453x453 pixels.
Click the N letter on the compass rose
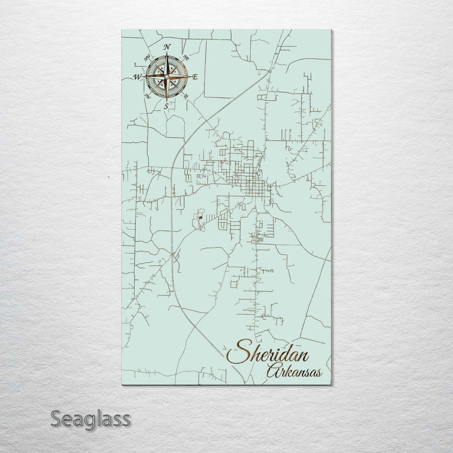[x=166, y=47]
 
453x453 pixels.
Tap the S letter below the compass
[x=166, y=106]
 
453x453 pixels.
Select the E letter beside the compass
[x=195, y=76]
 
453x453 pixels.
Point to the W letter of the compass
[x=137, y=76]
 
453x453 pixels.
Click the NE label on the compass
[x=187, y=57]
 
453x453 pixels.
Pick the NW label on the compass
[x=147, y=57]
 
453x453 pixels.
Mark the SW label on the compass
[x=148, y=96]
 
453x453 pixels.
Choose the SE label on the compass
[x=186, y=96]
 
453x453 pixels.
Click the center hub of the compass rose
[x=166, y=76]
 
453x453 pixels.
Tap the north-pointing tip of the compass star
[x=166, y=54]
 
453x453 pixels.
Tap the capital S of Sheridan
[x=237, y=353]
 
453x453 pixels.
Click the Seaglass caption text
[x=90, y=420]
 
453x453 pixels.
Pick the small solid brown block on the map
[x=200, y=216]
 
